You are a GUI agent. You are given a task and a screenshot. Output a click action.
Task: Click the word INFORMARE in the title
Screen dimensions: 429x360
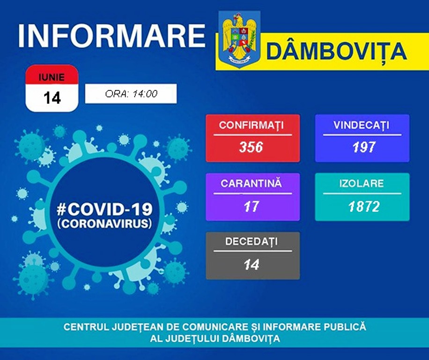(x=111, y=36)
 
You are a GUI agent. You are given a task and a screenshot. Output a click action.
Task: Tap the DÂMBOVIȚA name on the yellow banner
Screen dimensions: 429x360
(x=336, y=51)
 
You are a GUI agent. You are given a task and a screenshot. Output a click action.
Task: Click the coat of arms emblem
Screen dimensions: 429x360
(x=239, y=39)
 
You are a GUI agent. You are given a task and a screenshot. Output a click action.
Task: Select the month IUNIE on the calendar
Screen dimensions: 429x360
(x=52, y=77)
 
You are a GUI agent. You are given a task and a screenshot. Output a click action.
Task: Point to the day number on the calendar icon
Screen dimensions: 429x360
(x=52, y=97)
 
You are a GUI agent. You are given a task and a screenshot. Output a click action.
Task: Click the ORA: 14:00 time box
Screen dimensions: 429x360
(x=131, y=94)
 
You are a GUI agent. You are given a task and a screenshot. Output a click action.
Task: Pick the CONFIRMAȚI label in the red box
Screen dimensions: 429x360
(x=251, y=125)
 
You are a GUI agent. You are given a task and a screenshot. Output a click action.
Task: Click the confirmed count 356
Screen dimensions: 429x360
(x=251, y=147)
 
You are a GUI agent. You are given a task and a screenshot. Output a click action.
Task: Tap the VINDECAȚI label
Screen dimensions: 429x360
(x=361, y=125)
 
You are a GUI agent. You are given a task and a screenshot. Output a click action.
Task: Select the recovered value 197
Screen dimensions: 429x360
(x=363, y=147)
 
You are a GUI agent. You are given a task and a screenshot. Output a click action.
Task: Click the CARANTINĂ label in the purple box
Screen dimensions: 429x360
(x=251, y=183)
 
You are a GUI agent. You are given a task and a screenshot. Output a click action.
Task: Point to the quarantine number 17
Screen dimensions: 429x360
(x=251, y=206)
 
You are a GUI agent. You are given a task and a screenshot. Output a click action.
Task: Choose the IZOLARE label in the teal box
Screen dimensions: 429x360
(x=362, y=183)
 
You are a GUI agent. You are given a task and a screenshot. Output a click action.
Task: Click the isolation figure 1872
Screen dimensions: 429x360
(x=364, y=206)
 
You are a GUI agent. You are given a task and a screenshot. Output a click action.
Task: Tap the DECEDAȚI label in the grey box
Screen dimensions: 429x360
(x=251, y=241)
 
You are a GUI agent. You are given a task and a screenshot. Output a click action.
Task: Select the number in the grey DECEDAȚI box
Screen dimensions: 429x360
(x=251, y=265)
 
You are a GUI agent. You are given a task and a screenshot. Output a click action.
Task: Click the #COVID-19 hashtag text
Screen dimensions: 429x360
(x=104, y=209)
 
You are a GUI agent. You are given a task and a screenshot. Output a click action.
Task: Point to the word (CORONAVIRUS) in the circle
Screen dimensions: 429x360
(x=104, y=224)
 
